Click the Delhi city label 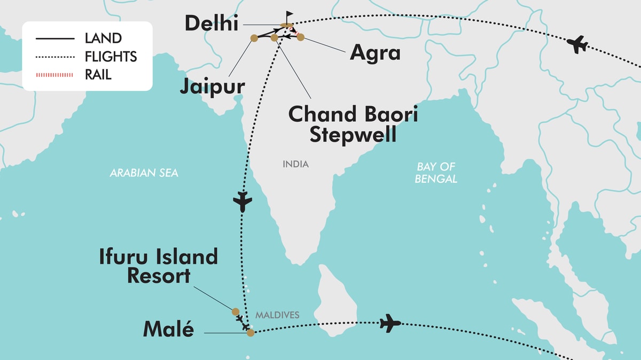click(211, 24)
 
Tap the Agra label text click(374, 53)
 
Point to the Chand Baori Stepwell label click(353, 124)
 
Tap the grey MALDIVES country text click(277, 315)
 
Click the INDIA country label click(295, 164)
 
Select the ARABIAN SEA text click(144, 173)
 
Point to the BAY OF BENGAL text click(436, 173)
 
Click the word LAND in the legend click(103, 38)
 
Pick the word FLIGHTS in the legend click(111, 57)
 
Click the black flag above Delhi click(289, 15)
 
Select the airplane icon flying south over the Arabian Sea click(243, 202)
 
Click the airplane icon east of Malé click(390, 324)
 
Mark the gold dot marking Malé click(250, 332)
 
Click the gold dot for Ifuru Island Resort click(235, 311)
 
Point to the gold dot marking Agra click(300, 37)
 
